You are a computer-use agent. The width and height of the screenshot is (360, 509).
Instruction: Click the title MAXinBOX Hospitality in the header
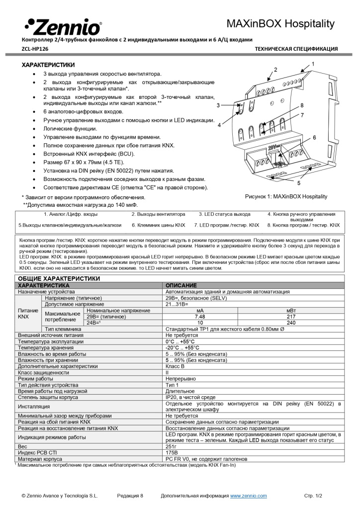pyautogui.click(x=281, y=24)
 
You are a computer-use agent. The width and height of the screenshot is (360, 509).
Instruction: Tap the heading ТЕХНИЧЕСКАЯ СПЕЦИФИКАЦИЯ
pyautogui.click(x=296, y=49)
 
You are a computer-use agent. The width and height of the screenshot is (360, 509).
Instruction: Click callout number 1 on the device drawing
pyautogui.click(x=313, y=64)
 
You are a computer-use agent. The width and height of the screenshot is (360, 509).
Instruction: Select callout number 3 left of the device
pyautogui.click(x=218, y=105)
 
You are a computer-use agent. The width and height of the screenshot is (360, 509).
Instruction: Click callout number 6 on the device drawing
pyautogui.click(x=314, y=137)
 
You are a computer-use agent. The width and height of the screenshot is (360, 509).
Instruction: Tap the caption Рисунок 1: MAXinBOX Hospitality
pyautogui.click(x=286, y=196)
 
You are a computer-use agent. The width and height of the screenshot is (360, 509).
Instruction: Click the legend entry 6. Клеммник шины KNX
pyautogui.click(x=158, y=225)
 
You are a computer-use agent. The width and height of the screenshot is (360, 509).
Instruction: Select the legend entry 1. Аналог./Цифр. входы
pyautogui.click(x=71, y=214)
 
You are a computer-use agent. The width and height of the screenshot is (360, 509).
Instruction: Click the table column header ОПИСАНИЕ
pyautogui.click(x=181, y=285)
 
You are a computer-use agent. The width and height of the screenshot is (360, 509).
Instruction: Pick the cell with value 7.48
pyautogui.click(x=200, y=317)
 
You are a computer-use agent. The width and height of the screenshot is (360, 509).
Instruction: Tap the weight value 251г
pyautogui.click(x=172, y=447)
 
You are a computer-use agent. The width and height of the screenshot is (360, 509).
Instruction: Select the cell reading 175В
pyautogui.click(x=172, y=453)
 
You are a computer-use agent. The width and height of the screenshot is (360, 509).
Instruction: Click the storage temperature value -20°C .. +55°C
pyautogui.click(x=182, y=348)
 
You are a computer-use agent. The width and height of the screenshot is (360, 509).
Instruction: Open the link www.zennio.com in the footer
pyautogui.click(x=248, y=496)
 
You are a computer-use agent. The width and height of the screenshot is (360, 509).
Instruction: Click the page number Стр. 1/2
pyautogui.click(x=313, y=496)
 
